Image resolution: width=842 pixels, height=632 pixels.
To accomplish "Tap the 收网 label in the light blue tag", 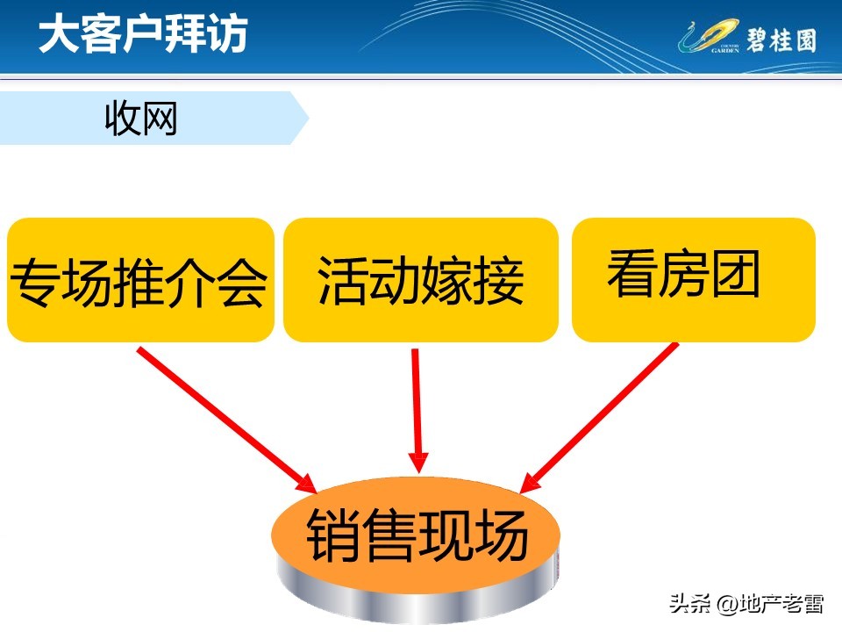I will pyautogui.click(x=140, y=118).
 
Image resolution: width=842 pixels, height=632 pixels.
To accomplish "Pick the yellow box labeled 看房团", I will pyautogui.click(x=693, y=279).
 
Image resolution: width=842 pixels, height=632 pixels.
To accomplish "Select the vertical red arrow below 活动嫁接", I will pyautogui.click(x=417, y=408).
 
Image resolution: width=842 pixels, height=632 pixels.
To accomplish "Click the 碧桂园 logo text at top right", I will pyautogui.click(x=781, y=39).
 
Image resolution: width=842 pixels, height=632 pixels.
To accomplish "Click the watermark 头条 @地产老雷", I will pyautogui.click(x=746, y=605).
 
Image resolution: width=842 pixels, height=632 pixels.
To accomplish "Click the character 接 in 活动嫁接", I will pyautogui.click(x=499, y=282).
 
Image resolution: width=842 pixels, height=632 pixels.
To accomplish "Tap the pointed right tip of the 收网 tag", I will pyautogui.click(x=306, y=118).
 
